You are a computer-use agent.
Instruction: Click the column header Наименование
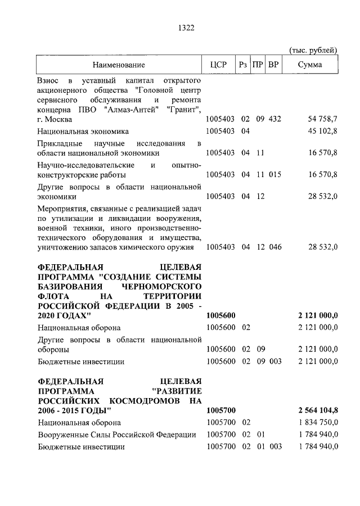(x=119, y=65)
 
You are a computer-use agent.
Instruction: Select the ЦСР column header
(x=218, y=65)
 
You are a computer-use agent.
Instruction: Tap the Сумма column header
(x=310, y=65)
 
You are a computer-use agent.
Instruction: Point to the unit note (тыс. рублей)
(x=313, y=49)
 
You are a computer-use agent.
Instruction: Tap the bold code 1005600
(x=222, y=316)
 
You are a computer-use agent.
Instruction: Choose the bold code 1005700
(x=222, y=411)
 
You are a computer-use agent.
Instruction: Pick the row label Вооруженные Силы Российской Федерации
(x=117, y=435)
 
